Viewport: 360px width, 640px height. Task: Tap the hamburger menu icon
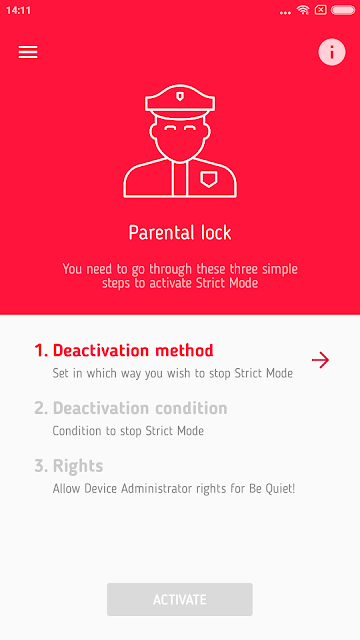28,52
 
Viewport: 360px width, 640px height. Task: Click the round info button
332,52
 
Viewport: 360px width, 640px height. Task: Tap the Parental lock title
180,233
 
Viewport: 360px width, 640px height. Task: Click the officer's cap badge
180,96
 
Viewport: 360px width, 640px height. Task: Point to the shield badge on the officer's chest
209,179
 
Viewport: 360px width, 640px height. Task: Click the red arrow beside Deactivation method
320,360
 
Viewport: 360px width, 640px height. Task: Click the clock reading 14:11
18,11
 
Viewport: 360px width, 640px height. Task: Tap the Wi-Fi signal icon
303,10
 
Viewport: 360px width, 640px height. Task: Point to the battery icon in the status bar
343,10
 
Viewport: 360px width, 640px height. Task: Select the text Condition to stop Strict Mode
128,431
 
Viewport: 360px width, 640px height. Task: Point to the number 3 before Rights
40,466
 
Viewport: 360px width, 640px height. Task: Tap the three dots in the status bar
285,13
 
